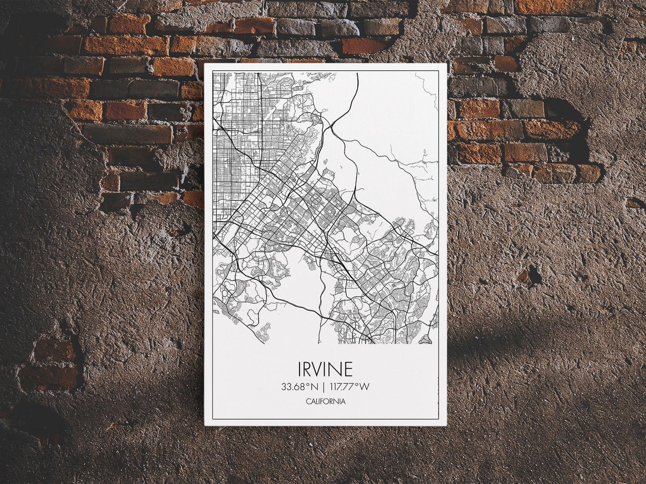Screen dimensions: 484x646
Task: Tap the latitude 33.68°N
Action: pos(300,387)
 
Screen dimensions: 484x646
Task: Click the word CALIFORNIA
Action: pos(325,402)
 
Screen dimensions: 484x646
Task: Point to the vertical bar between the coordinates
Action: pos(324,387)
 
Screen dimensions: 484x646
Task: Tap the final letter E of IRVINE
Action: pos(348,369)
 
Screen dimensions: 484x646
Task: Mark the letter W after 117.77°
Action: pos(365,387)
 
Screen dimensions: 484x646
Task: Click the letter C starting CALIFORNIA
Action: pos(308,402)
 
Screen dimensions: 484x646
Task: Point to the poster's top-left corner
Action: pos(205,63)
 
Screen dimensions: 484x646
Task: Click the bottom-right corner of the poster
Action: pos(446,425)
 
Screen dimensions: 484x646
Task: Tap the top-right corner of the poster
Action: pos(447,63)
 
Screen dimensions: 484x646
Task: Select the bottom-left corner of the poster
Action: pos(205,425)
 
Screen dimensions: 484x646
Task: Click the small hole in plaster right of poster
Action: pos(529,275)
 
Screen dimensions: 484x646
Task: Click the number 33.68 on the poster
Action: pos(295,387)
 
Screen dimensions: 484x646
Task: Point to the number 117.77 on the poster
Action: pos(342,387)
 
